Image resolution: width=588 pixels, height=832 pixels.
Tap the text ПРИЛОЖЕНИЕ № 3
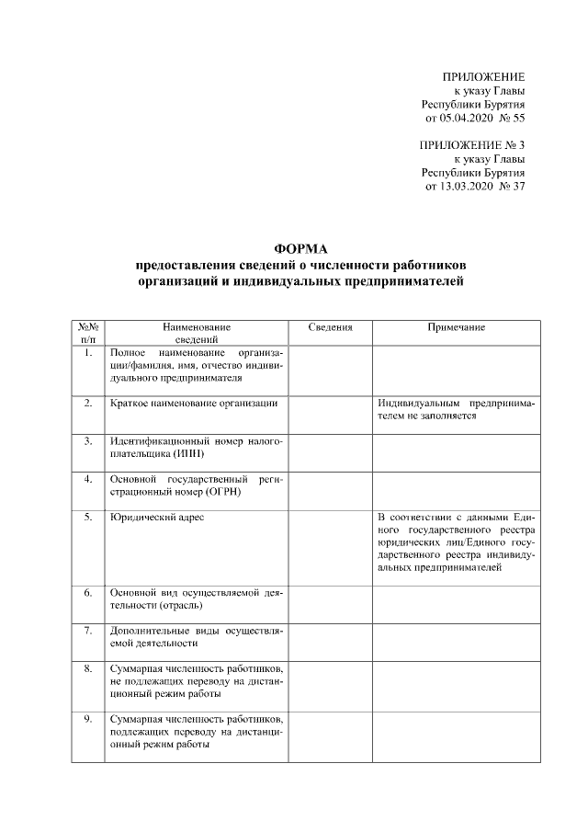coord(471,145)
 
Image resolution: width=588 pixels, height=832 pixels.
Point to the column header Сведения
coord(330,327)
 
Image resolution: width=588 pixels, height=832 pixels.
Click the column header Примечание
coord(456,327)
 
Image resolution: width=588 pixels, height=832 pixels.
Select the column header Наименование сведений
coord(197,333)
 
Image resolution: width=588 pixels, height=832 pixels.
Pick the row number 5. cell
coord(88,518)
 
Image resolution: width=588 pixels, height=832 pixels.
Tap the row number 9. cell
coord(88,718)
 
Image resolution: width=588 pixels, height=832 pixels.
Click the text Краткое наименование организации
coord(193,403)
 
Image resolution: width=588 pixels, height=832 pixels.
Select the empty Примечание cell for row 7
coord(456,642)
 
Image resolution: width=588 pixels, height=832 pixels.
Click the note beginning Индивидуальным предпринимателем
coord(456,409)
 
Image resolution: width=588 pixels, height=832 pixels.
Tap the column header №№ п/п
coord(88,333)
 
